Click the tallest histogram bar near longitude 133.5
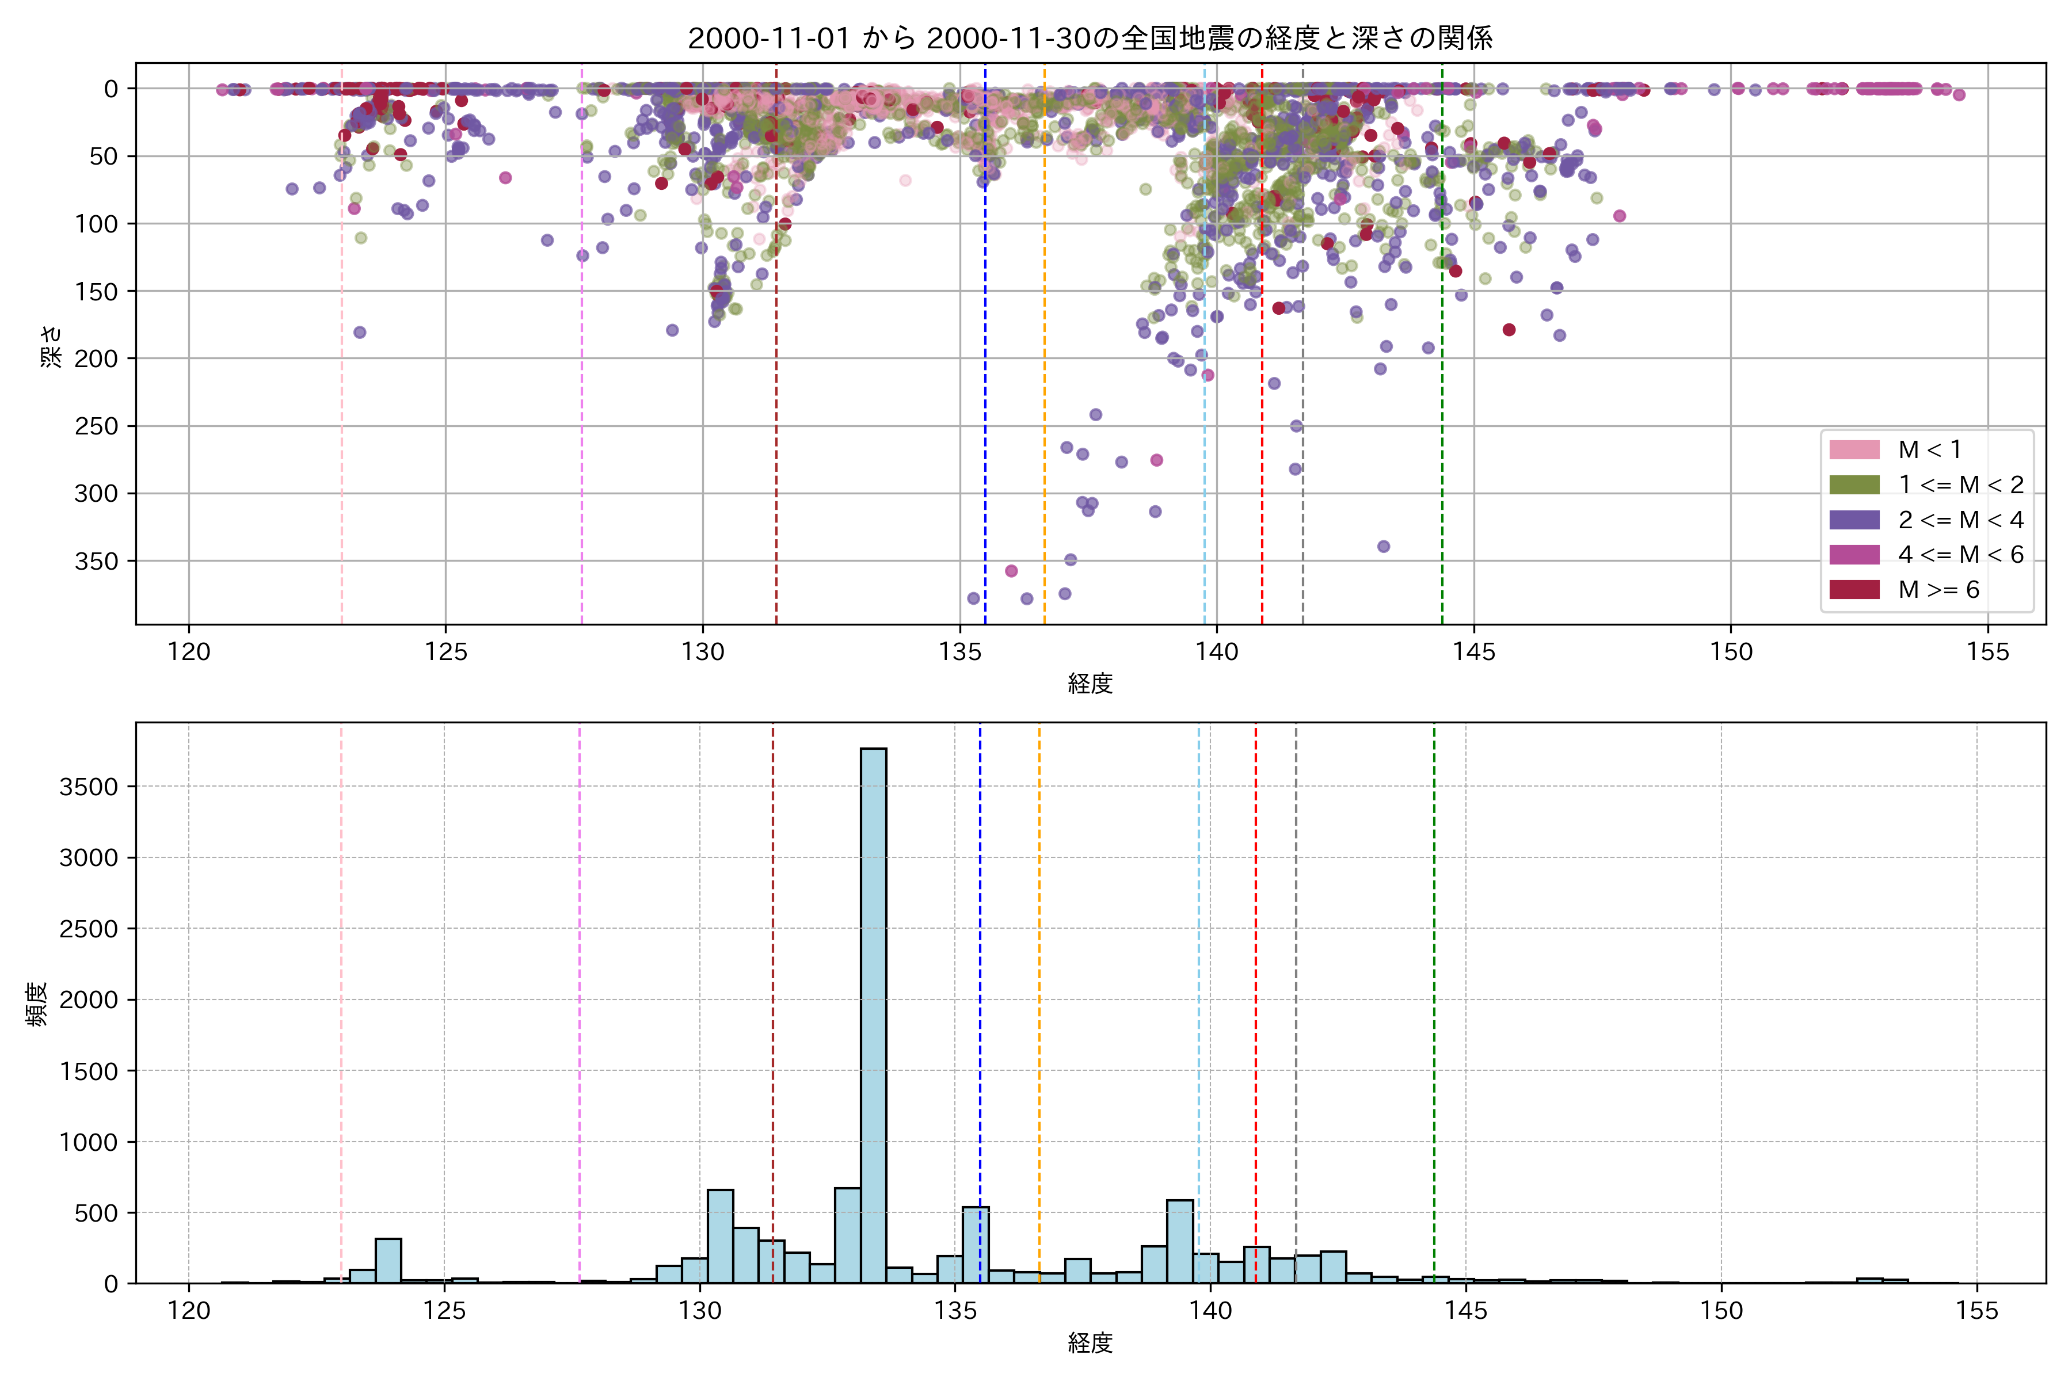(x=873, y=1013)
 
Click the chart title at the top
(x=1090, y=39)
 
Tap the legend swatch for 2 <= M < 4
(x=1853, y=520)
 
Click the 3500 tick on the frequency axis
(x=88, y=787)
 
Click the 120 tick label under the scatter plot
(x=189, y=653)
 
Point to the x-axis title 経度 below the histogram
(x=1090, y=1343)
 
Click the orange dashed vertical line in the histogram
(x=1039, y=969)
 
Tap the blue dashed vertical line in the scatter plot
(x=985, y=352)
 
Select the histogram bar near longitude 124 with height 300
(x=389, y=1260)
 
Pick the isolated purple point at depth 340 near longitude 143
(x=1383, y=546)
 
